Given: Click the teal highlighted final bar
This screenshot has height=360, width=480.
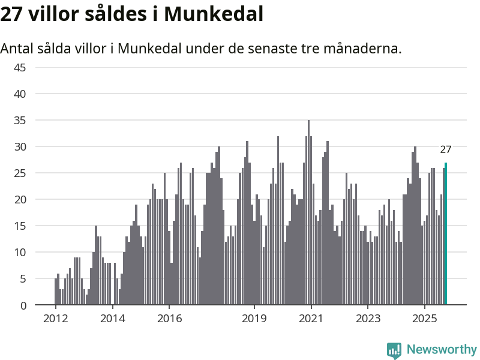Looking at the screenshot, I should pos(446,234).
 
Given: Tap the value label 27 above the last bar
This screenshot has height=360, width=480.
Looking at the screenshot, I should pos(445,150).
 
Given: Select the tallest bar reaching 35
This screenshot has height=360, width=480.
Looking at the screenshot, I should pos(308,212).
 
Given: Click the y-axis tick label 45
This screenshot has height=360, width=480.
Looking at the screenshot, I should pos(20,67).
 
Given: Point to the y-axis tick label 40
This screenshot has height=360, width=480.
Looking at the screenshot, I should pos(20,94).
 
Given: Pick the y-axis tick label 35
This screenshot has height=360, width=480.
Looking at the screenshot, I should pos(20,120).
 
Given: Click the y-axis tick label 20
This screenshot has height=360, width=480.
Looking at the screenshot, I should pos(20,199).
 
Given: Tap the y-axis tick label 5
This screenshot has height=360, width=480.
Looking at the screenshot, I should pos(23,278).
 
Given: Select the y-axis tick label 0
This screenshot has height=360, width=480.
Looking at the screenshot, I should pos(23,305).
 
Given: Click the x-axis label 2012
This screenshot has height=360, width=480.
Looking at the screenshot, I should pos(55,318).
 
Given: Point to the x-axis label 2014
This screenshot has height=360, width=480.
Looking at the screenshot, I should pos(112,318).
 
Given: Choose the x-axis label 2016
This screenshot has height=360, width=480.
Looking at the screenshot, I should pos(169,318).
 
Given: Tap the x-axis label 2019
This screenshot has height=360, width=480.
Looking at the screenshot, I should pos(254,318).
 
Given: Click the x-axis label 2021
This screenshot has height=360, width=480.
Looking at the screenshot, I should pos(311,318).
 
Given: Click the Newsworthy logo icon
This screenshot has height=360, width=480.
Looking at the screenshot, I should pos(394,350).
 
